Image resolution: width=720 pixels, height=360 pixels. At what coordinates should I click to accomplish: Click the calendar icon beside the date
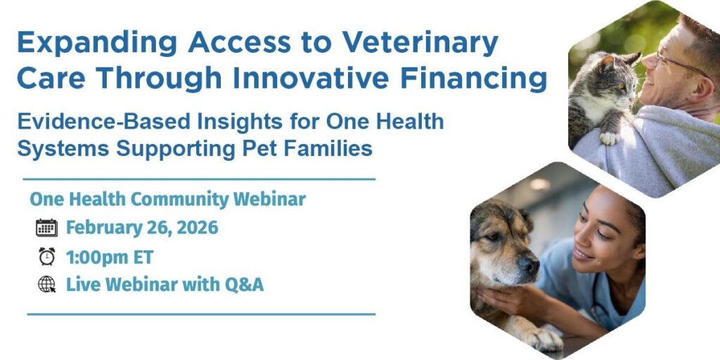tap(46, 228)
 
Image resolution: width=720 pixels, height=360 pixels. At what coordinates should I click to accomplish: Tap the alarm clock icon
tap(46, 257)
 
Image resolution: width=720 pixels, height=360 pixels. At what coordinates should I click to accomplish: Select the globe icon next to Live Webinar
tap(46, 285)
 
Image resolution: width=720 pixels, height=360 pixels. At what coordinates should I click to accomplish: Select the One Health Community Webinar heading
tap(167, 199)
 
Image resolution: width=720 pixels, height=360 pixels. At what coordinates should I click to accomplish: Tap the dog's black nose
tap(529, 266)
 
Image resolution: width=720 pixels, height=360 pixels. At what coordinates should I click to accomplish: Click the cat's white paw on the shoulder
tap(610, 137)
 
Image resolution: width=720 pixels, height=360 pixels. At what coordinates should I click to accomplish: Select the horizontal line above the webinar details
tap(200, 179)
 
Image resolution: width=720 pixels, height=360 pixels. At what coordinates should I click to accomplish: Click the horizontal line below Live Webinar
tap(200, 314)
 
